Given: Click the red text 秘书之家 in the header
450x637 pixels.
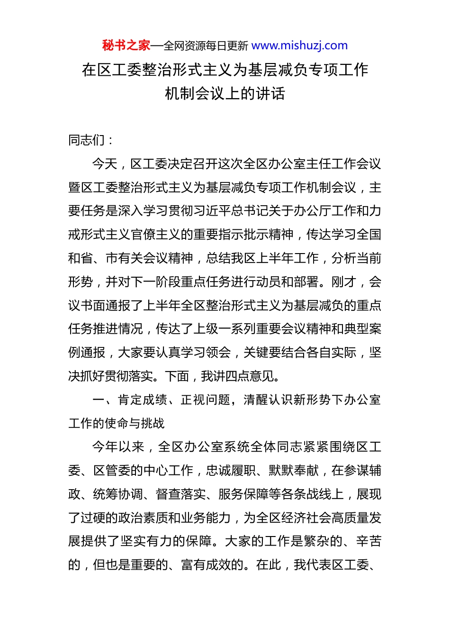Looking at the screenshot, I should [x=126, y=45].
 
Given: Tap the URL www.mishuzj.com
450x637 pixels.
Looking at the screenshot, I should [x=299, y=45].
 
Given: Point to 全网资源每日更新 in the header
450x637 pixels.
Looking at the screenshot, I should [x=206, y=46].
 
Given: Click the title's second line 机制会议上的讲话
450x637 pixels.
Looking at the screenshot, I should [x=225, y=93].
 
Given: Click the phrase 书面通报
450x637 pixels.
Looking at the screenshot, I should [x=106, y=306].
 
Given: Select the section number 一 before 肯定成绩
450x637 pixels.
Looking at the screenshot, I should [x=99, y=400].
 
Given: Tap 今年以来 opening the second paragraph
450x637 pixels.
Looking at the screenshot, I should [x=117, y=447].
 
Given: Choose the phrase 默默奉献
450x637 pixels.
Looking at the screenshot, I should [x=294, y=471].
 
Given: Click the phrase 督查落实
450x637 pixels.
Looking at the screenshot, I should [x=180, y=494].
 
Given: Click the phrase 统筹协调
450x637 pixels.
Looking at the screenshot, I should [x=118, y=494].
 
